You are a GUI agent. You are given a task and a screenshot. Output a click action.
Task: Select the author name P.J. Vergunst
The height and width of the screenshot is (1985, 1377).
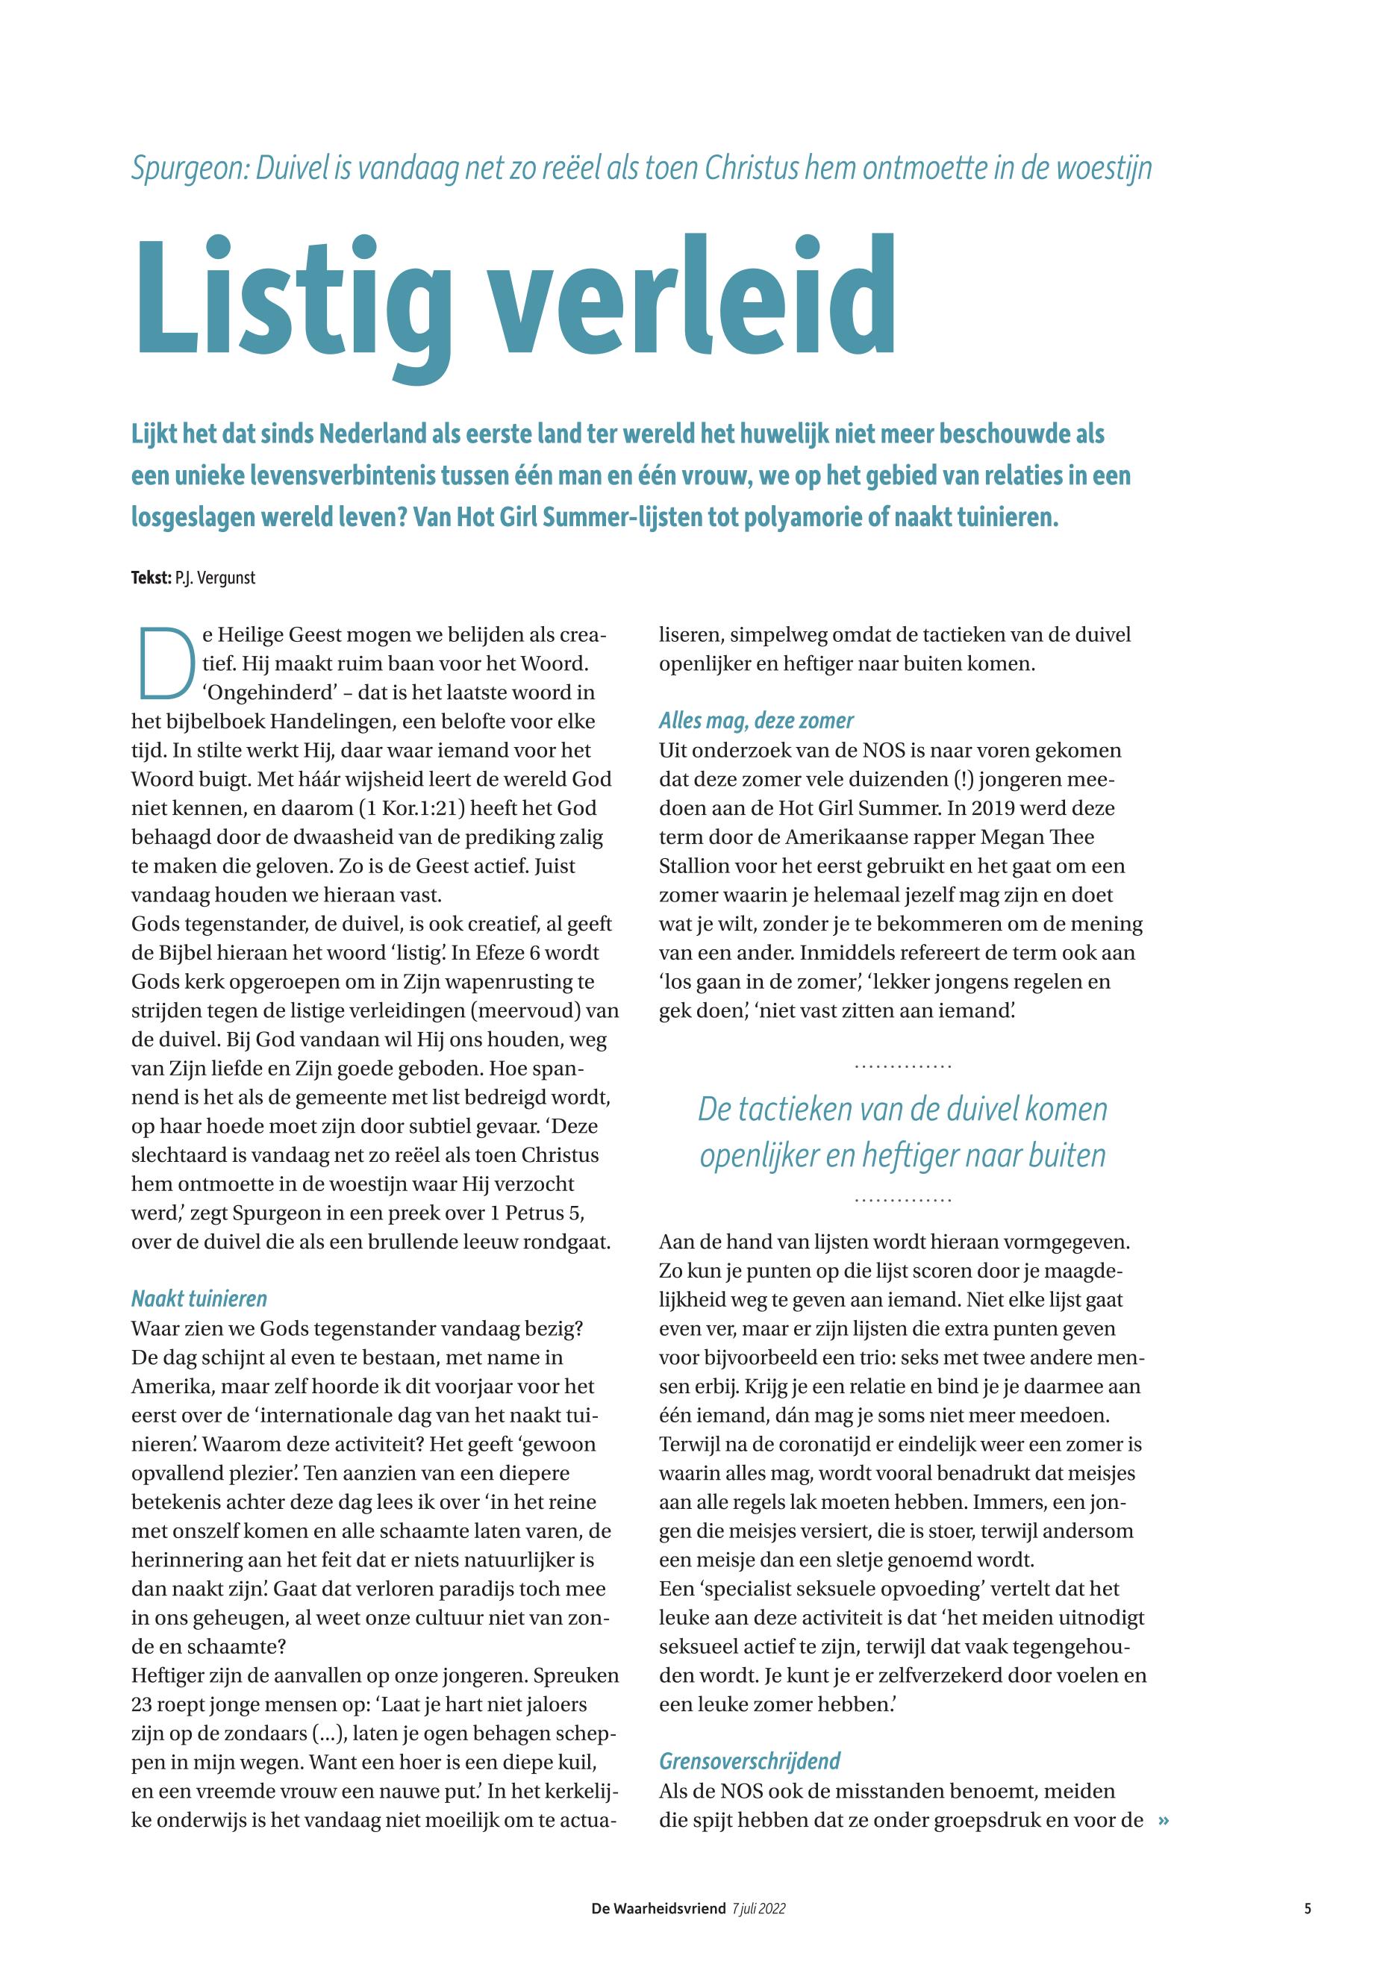(x=215, y=578)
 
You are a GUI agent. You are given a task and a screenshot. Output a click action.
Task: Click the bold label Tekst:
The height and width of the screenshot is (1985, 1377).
(x=151, y=578)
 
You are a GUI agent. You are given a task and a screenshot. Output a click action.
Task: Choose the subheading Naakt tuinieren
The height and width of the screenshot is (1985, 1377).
(x=199, y=1298)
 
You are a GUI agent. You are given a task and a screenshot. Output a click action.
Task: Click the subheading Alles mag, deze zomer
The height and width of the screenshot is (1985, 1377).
(x=756, y=720)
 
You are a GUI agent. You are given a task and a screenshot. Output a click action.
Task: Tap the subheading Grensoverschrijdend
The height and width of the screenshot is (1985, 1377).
(x=749, y=1737)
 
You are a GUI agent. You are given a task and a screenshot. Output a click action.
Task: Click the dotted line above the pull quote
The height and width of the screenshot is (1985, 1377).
(x=902, y=1067)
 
